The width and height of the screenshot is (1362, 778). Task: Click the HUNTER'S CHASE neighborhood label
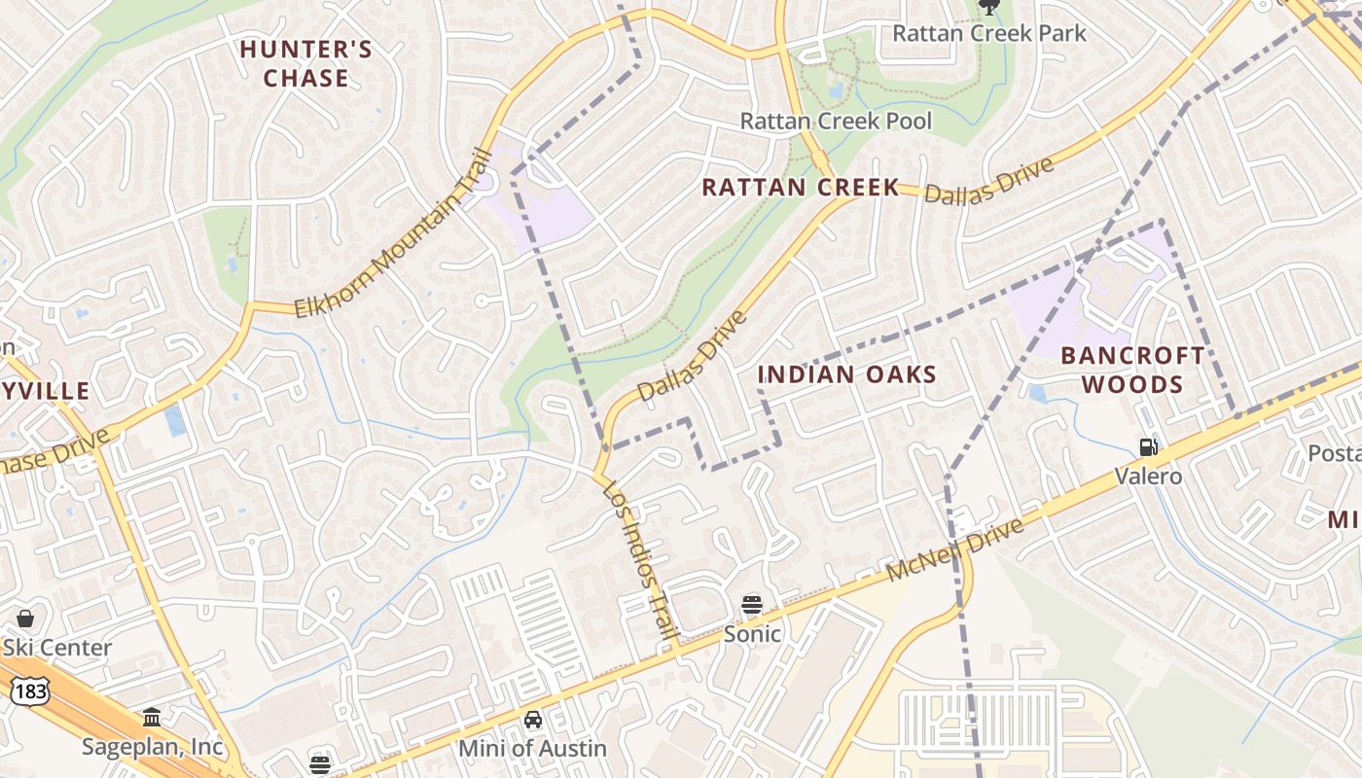pos(305,63)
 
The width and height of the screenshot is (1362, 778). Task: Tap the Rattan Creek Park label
pos(988,33)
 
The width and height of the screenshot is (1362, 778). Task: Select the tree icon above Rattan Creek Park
pos(988,7)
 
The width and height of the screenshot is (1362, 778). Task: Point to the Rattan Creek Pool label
pos(836,121)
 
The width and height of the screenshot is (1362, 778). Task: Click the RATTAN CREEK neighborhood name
pos(800,187)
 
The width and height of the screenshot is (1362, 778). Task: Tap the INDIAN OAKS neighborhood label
pos(846,374)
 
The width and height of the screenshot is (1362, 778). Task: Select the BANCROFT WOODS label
pos(1132,370)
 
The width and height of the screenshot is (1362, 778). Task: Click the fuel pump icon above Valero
pos(1148,447)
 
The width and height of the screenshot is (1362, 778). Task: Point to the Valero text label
pos(1148,476)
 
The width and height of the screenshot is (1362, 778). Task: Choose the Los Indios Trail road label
pos(640,561)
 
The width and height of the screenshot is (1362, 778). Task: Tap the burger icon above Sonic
pos(751,604)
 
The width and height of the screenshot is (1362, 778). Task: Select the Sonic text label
pos(751,634)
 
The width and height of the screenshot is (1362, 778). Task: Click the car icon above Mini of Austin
pos(532,720)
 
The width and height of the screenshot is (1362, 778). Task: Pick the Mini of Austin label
pos(532,749)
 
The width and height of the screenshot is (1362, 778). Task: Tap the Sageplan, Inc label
pos(152,747)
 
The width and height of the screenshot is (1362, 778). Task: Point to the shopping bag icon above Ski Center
pos(25,619)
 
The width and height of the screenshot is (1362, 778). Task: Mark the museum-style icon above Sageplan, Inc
pos(152,718)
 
